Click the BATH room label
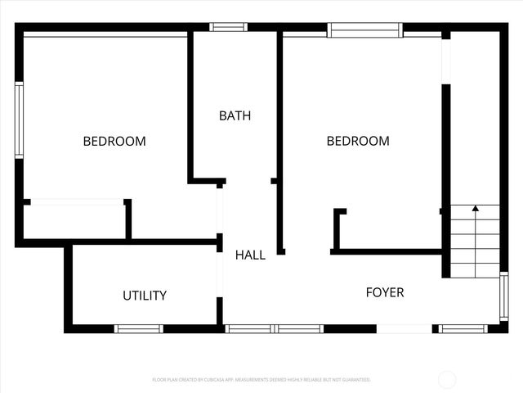(235, 115)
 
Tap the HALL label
(250, 255)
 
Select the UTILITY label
(145, 296)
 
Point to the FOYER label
(384, 292)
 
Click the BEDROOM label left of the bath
(114, 141)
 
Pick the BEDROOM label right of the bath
(358, 141)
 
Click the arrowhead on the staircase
(475, 209)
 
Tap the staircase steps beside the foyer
(475, 246)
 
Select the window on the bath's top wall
(228, 27)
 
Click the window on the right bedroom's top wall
(364, 29)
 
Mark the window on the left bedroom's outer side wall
(19, 119)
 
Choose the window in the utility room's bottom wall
(138, 329)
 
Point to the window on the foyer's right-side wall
(503, 296)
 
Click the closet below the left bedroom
(74, 221)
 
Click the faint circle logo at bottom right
(447, 379)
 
